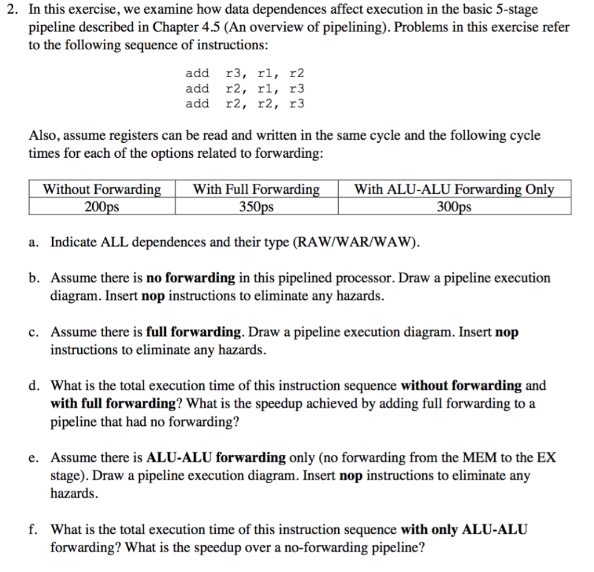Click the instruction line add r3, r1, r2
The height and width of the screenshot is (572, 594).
(x=244, y=74)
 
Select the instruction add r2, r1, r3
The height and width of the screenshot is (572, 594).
(x=244, y=89)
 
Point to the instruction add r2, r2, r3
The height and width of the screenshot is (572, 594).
(x=244, y=104)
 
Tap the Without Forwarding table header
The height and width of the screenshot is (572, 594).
(x=102, y=190)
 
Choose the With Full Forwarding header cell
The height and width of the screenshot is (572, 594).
(x=256, y=190)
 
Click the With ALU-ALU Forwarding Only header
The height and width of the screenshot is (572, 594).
(x=454, y=190)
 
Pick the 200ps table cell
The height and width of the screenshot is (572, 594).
(x=102, y=207)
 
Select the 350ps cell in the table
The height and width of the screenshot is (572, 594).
(x=256, y=207)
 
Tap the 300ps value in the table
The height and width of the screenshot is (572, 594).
(x=454, y=207)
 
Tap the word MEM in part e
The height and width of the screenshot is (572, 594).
(x=458, y=458)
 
